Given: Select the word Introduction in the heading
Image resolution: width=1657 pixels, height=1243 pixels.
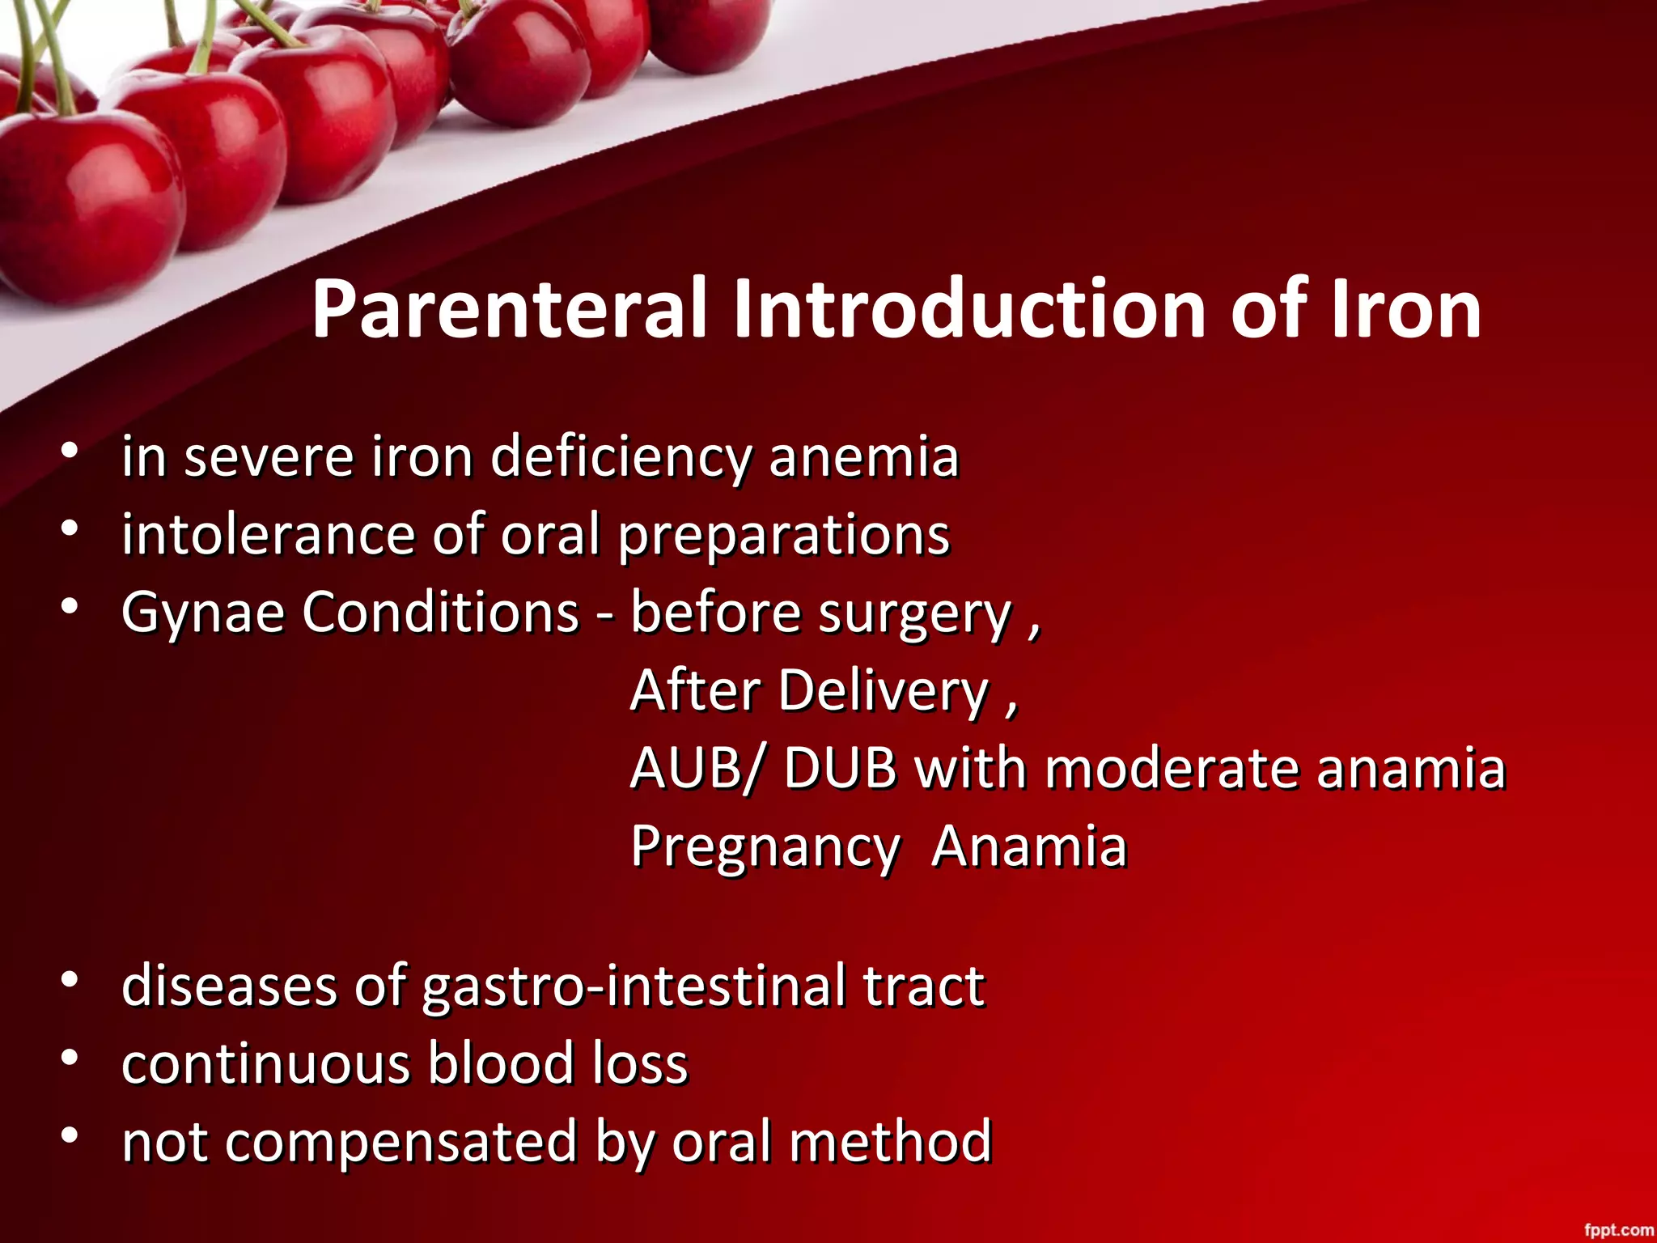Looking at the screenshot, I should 973,310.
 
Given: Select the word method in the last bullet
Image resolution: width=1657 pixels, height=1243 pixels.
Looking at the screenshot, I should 890,1141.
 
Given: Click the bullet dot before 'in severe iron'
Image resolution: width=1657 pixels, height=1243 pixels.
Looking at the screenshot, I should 70,451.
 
